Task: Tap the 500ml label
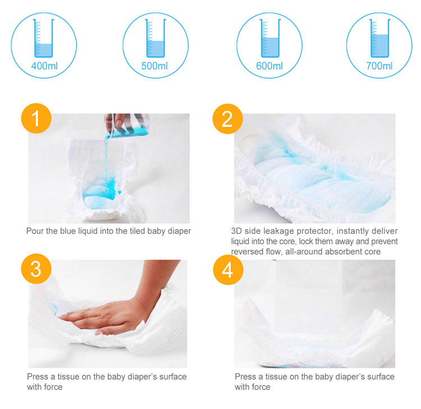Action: pyautogui.click(x=155, y=66)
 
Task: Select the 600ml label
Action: pyautogui.click(x=269, y=66)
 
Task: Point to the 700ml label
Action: pyautogui.click(x=379, y=66)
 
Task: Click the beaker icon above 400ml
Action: pyautogui.click(x=43, y=38)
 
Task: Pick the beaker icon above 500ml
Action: pyautogui.click(x=155, y=38)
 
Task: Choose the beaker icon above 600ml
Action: pyautogui.click(x=269, y=38)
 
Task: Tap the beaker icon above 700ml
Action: pyautogui.click(x=379, y=38)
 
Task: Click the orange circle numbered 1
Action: pyautogui.click(x=36, y=119)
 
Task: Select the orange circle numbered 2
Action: pyautogui.click(x=227, y=119)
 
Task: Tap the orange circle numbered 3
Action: pyautogui.click(x=36, y=269)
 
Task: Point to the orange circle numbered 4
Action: pyautogui.click(x=227, y=270)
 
